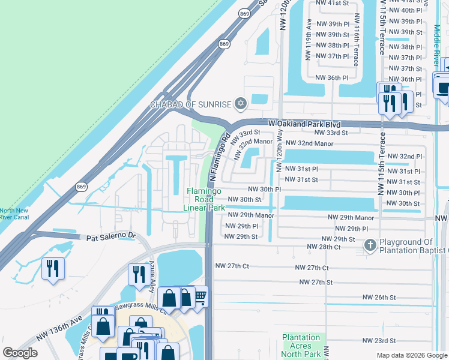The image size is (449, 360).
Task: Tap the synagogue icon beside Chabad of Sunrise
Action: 241,104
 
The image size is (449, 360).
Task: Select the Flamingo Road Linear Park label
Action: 204,199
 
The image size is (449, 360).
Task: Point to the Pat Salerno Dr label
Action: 112,238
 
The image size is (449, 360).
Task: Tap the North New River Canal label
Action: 14,214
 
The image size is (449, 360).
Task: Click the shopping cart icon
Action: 200,296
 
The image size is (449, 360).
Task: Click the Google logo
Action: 20,353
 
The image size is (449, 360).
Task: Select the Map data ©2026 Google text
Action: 412,355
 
